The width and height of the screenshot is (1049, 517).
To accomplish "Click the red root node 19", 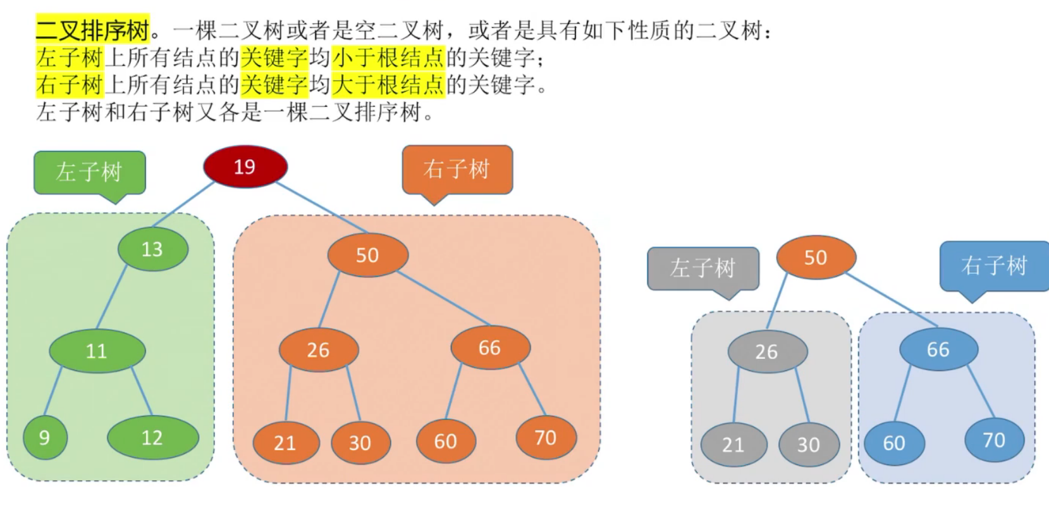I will click(x=245, y=166).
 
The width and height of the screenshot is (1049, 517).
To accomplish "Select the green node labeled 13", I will click(x=152, y=249).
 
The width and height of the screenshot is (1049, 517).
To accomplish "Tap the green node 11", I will click(x=97, y=351).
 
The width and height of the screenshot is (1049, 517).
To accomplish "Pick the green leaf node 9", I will click(x=45, y=437).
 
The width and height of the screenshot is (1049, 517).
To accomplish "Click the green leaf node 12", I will click(x=152, y=437).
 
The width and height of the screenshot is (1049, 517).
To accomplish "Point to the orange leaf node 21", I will click(x=285, y=442).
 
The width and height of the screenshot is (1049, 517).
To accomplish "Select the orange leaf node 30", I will click(x=360, y=442).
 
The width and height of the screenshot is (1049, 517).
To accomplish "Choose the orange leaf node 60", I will click(x=446, y=441).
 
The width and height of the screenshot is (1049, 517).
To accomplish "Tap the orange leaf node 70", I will click(x=546, y=437).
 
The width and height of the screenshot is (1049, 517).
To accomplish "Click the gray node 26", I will click(x=767, y=351).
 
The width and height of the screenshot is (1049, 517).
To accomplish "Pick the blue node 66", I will click(x=938, y=349).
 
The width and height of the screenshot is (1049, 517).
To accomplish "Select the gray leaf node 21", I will click(x=733, y=444).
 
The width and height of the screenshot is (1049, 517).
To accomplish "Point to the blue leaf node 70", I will click(x=994, y=439).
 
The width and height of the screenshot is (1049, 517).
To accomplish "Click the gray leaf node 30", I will click(x=809, y=444).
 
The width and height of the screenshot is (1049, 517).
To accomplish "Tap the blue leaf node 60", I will click(x=894, y=442).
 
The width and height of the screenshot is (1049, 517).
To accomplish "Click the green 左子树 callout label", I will click(x=89, y=171).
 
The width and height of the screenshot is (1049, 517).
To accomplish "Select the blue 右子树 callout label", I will click(x=994, y=265).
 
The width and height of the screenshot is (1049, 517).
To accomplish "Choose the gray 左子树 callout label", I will click(x=702, y=268).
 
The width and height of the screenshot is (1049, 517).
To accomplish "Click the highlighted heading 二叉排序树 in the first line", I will click(x=92, y=29).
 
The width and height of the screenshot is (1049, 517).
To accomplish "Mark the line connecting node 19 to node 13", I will click(x=183, y=204).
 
